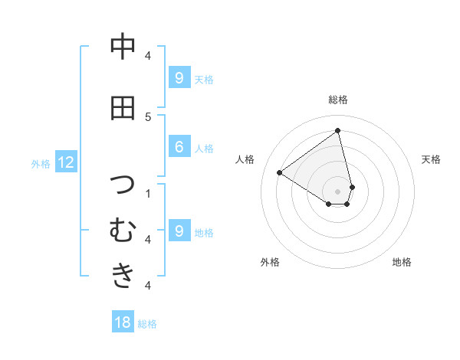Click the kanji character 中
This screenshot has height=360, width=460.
pos(123,47)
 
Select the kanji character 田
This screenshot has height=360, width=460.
pos(123,108)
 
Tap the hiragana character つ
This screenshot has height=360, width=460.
pos(123,185)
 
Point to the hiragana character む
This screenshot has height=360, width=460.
pos(123,230)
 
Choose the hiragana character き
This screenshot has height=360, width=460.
pos(123,274)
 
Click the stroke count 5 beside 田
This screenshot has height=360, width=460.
pos(148,116)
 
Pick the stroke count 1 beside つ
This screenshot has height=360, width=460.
pos(148,193)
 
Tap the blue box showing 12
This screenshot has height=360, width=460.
pos(66,162)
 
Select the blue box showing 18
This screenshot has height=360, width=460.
pos(123,322)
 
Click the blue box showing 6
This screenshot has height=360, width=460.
pos(179,148)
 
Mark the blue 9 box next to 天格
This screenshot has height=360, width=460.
pos(179,77)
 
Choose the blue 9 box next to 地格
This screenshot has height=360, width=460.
pos(179,231)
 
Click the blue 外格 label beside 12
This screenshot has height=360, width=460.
pos(41,163)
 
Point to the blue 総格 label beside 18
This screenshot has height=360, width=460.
pos(147,323)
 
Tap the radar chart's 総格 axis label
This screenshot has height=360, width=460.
pos(338,100)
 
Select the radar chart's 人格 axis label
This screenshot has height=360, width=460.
pos(245,159)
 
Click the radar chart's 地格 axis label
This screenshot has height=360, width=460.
pos(402,262)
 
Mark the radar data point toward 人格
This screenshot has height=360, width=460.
pos(280,173)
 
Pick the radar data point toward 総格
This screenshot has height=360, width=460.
pos(338,131)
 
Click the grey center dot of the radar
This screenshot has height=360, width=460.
pos(338,191)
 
